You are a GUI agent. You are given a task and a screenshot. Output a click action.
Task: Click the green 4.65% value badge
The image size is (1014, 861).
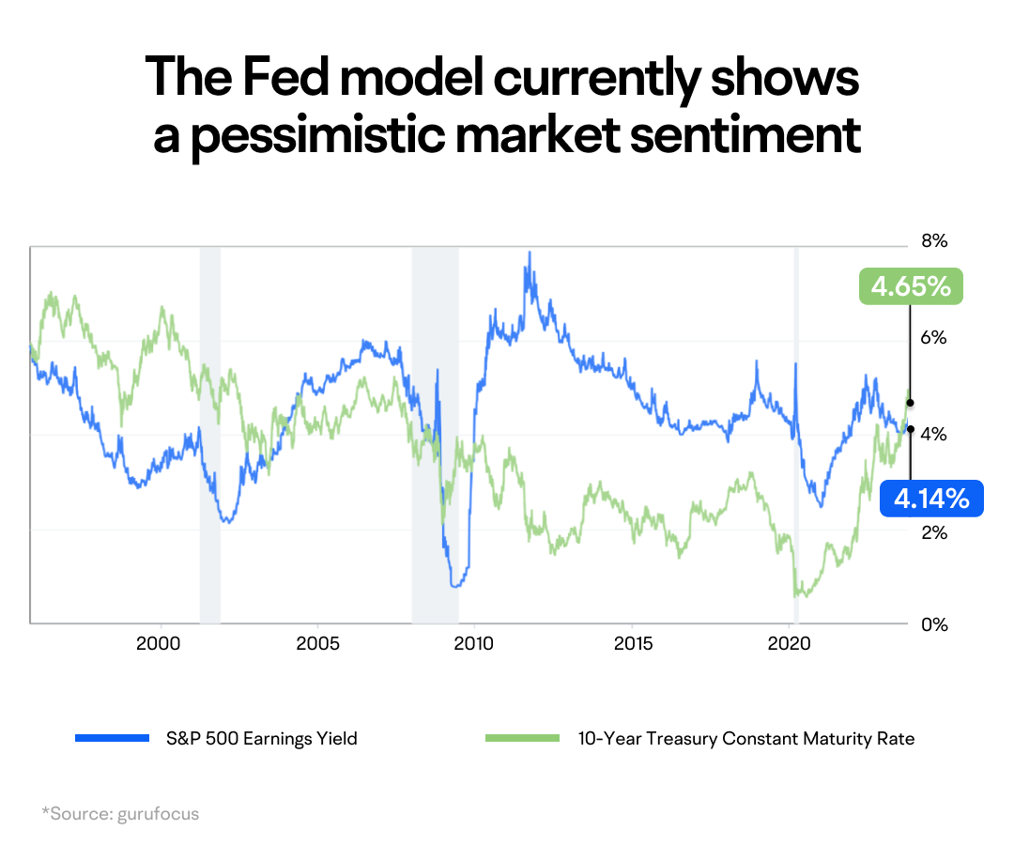(911, 285)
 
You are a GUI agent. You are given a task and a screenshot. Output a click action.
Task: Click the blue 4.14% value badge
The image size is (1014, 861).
(930, 499)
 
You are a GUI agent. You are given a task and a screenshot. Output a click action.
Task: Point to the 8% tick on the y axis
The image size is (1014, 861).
(933, 241)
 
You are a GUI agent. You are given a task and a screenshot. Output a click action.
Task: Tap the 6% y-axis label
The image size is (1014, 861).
(933, 338)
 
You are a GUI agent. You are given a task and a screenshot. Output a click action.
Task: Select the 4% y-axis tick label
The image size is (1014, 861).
(933, 435)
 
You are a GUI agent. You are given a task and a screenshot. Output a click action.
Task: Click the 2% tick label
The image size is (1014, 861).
(933, 532)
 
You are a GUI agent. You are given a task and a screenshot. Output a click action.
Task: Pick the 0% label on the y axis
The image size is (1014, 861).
(933, 624)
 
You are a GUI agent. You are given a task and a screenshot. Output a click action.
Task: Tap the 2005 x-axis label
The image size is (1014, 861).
(317, 646)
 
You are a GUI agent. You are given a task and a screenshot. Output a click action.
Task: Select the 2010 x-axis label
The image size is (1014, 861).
(474, 646)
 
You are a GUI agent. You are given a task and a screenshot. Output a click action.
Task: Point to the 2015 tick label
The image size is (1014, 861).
(632, 646)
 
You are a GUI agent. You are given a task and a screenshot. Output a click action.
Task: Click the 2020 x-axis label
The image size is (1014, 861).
(789, 646)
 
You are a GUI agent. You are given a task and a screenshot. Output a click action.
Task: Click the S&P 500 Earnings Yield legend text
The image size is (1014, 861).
(260, 739)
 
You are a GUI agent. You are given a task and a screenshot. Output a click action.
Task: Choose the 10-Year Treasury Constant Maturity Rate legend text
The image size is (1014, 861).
(745, 739)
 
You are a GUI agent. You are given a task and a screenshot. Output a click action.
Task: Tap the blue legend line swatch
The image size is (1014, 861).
(113, 739)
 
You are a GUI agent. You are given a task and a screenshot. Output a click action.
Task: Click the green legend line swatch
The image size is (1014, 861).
(522, 739)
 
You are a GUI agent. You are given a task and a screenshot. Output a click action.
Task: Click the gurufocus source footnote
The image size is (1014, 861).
(120, 814)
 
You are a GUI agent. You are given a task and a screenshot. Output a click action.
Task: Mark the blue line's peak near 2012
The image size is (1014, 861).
(530, 253)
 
